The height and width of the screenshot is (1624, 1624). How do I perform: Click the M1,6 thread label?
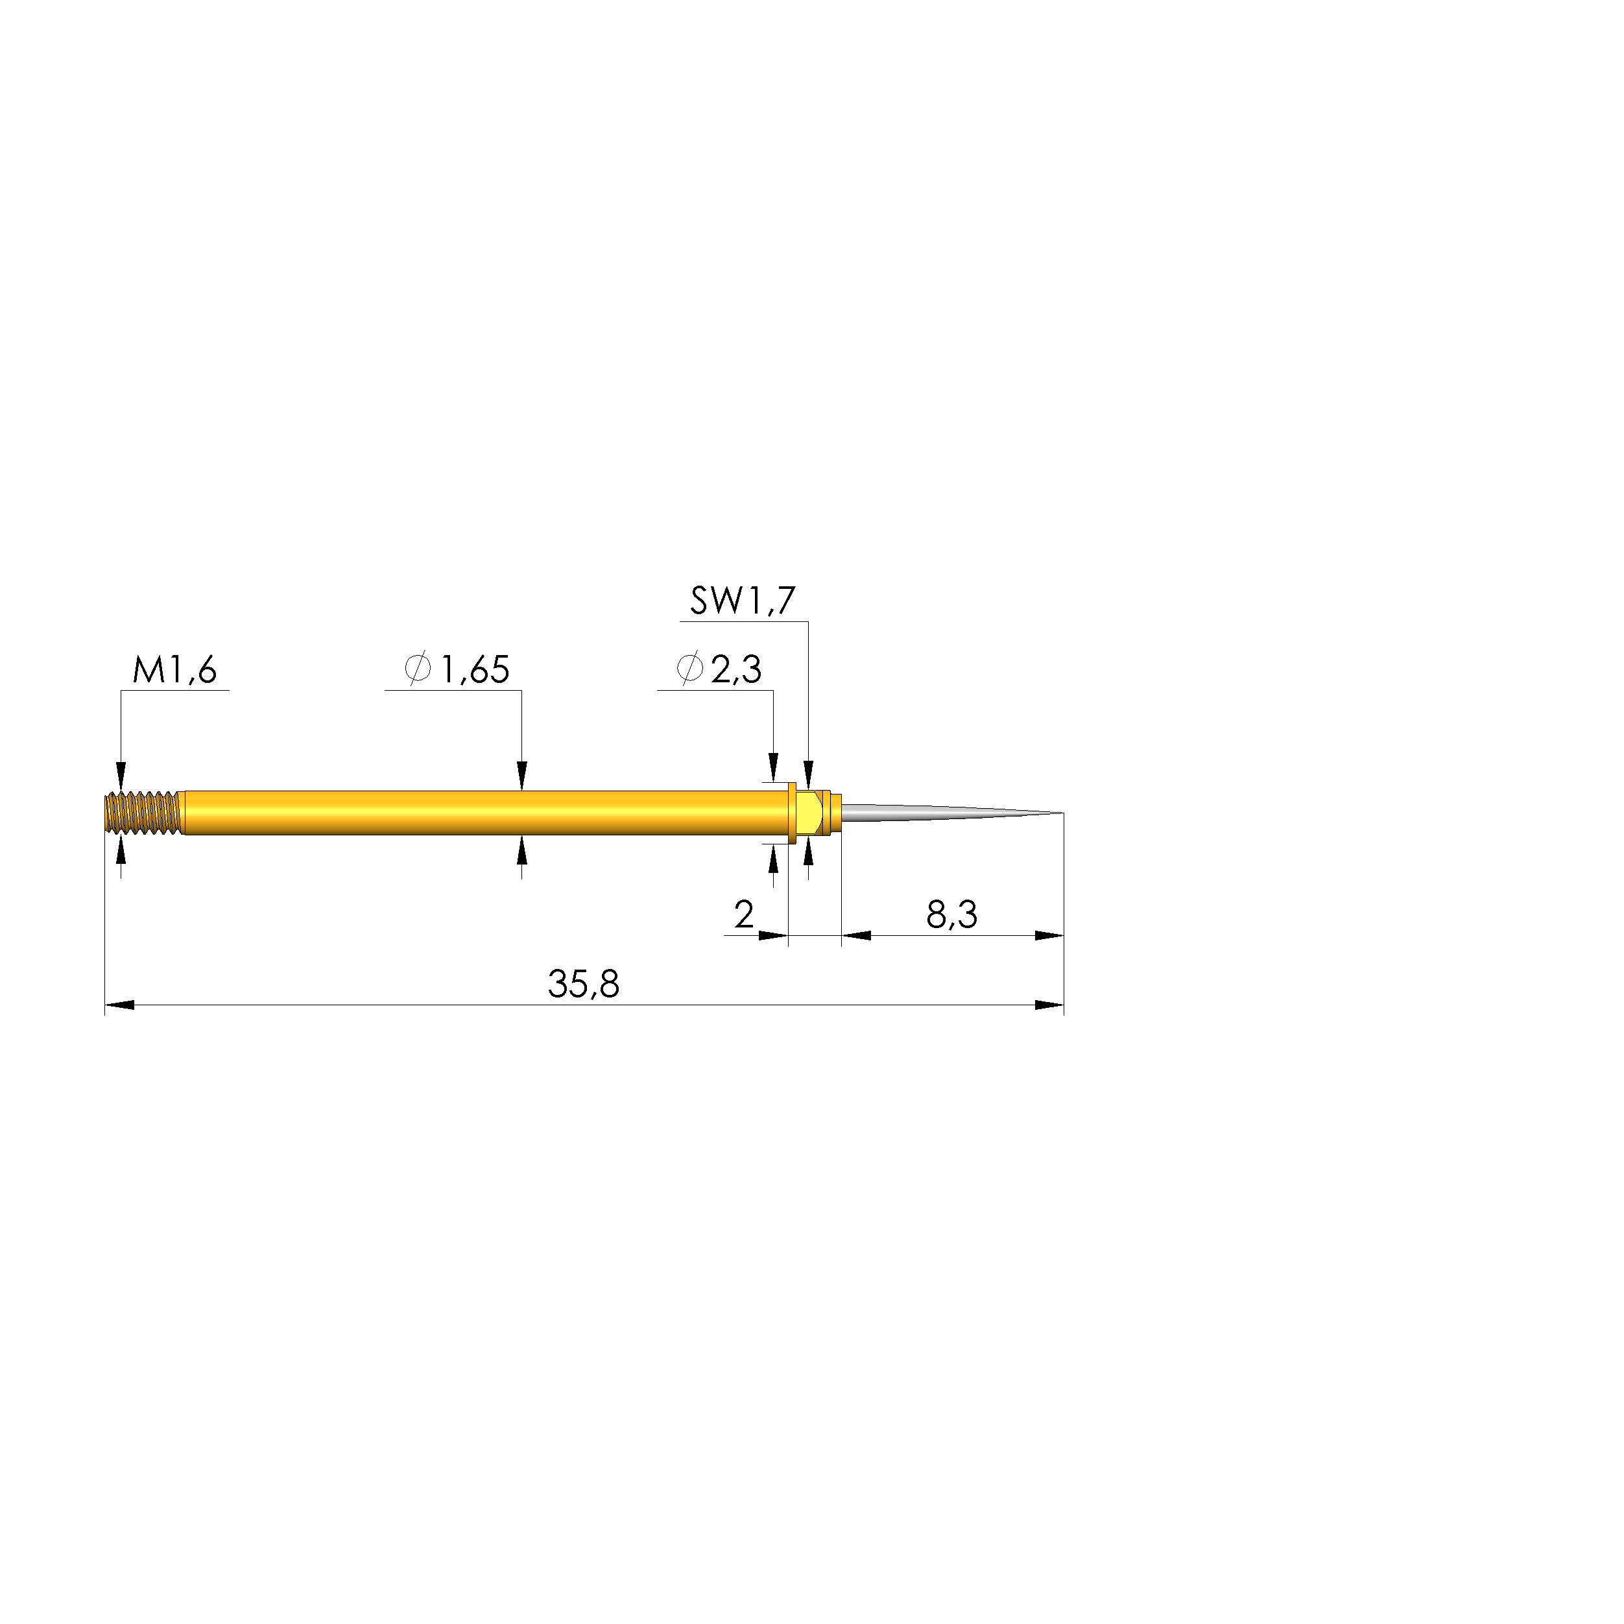[175, 670]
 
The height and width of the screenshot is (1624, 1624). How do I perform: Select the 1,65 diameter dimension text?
[475, 670]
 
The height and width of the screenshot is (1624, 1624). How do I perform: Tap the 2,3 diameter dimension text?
[736, 670]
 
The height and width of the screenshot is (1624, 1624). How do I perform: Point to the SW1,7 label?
[742, 601]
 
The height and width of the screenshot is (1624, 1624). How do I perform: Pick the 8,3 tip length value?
[951, 914]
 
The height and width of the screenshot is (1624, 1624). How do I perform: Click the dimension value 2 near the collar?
[744, 914]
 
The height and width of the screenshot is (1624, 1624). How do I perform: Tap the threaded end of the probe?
[143, 813]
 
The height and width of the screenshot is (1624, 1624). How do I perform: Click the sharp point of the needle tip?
[1062, 813]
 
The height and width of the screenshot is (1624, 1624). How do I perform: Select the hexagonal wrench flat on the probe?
[809, 813]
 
